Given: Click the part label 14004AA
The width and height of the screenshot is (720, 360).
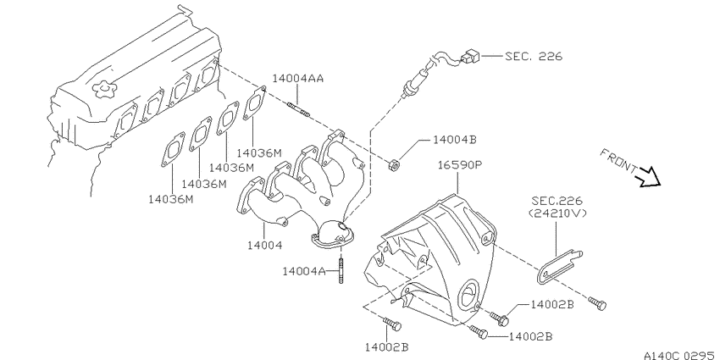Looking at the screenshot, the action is coord(297,78).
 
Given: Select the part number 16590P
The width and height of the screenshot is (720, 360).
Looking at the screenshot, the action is coord(459,165).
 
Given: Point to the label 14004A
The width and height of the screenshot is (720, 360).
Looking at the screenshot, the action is coord(303,272).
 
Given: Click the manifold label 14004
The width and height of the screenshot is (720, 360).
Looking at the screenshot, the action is coord(264,245).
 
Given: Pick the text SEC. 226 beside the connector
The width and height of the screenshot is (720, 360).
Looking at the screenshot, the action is coord(533,56).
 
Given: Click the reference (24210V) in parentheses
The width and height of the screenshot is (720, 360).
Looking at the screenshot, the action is coord(557,213).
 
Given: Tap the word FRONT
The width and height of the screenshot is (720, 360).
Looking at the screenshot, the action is coord(618,160).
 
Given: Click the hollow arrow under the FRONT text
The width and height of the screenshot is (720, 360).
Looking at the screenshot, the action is coord(648,177).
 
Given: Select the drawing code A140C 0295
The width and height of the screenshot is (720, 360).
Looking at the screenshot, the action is coord(681,356).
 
